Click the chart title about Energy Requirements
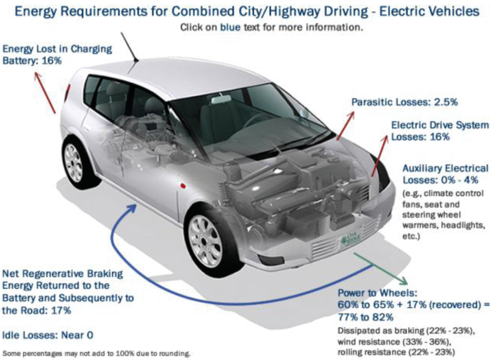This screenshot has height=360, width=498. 248,12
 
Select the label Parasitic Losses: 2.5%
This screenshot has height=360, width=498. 405,102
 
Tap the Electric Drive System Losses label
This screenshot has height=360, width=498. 439,131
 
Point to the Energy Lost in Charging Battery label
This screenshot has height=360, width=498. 58,54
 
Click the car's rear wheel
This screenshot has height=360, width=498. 77,161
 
